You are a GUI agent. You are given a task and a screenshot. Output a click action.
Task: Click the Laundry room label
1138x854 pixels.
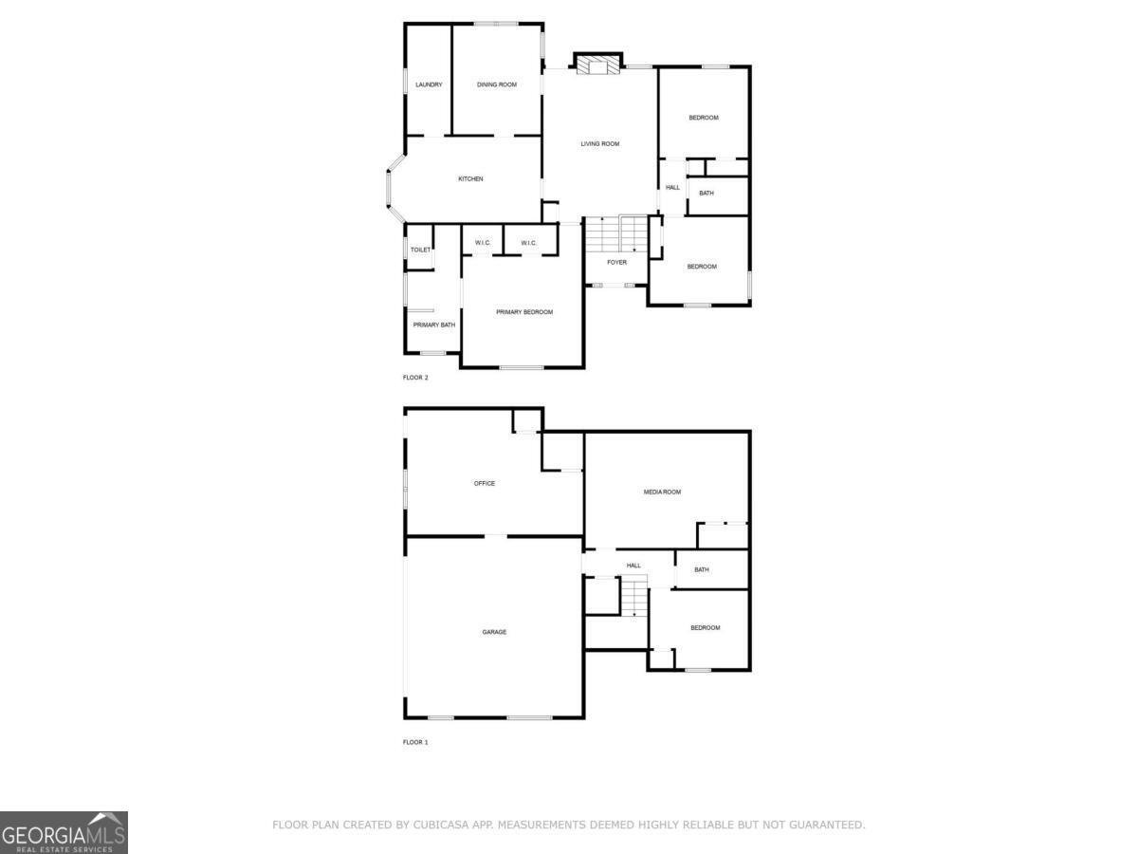pos(429,85)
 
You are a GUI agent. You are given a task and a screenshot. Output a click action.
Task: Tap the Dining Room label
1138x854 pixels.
pos(497,85)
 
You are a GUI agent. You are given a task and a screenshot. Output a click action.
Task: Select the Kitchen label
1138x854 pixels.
pos(470,179)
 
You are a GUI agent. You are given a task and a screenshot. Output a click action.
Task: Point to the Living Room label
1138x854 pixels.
pos(600,144)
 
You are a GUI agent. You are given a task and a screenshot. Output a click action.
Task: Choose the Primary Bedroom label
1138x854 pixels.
pos(524,312)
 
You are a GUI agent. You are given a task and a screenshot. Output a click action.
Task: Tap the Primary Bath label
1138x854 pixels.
pos(433,325)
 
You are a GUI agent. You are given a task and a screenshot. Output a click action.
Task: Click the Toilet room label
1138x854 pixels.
pos(420,251)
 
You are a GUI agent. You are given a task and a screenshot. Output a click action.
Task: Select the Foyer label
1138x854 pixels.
pos(616,263)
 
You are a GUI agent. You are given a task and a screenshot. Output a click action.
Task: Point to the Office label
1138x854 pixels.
pos(485,484)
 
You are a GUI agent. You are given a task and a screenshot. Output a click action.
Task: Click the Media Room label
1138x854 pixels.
pos(662,492)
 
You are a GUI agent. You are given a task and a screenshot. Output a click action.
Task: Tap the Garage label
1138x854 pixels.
pos(494,632)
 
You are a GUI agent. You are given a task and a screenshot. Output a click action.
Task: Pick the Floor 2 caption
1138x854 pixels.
pos(415,378)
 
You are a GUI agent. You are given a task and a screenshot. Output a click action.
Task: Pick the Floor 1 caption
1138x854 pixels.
pos(415,742)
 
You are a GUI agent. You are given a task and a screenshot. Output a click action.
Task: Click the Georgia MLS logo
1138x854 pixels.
pos(64,832)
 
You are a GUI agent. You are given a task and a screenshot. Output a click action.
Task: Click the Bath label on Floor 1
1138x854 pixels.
pos(702,570)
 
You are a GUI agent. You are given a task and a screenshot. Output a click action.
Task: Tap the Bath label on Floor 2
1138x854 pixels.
pos(707,194)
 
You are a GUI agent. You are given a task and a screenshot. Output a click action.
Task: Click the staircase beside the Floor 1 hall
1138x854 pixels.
pos(633,597)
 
